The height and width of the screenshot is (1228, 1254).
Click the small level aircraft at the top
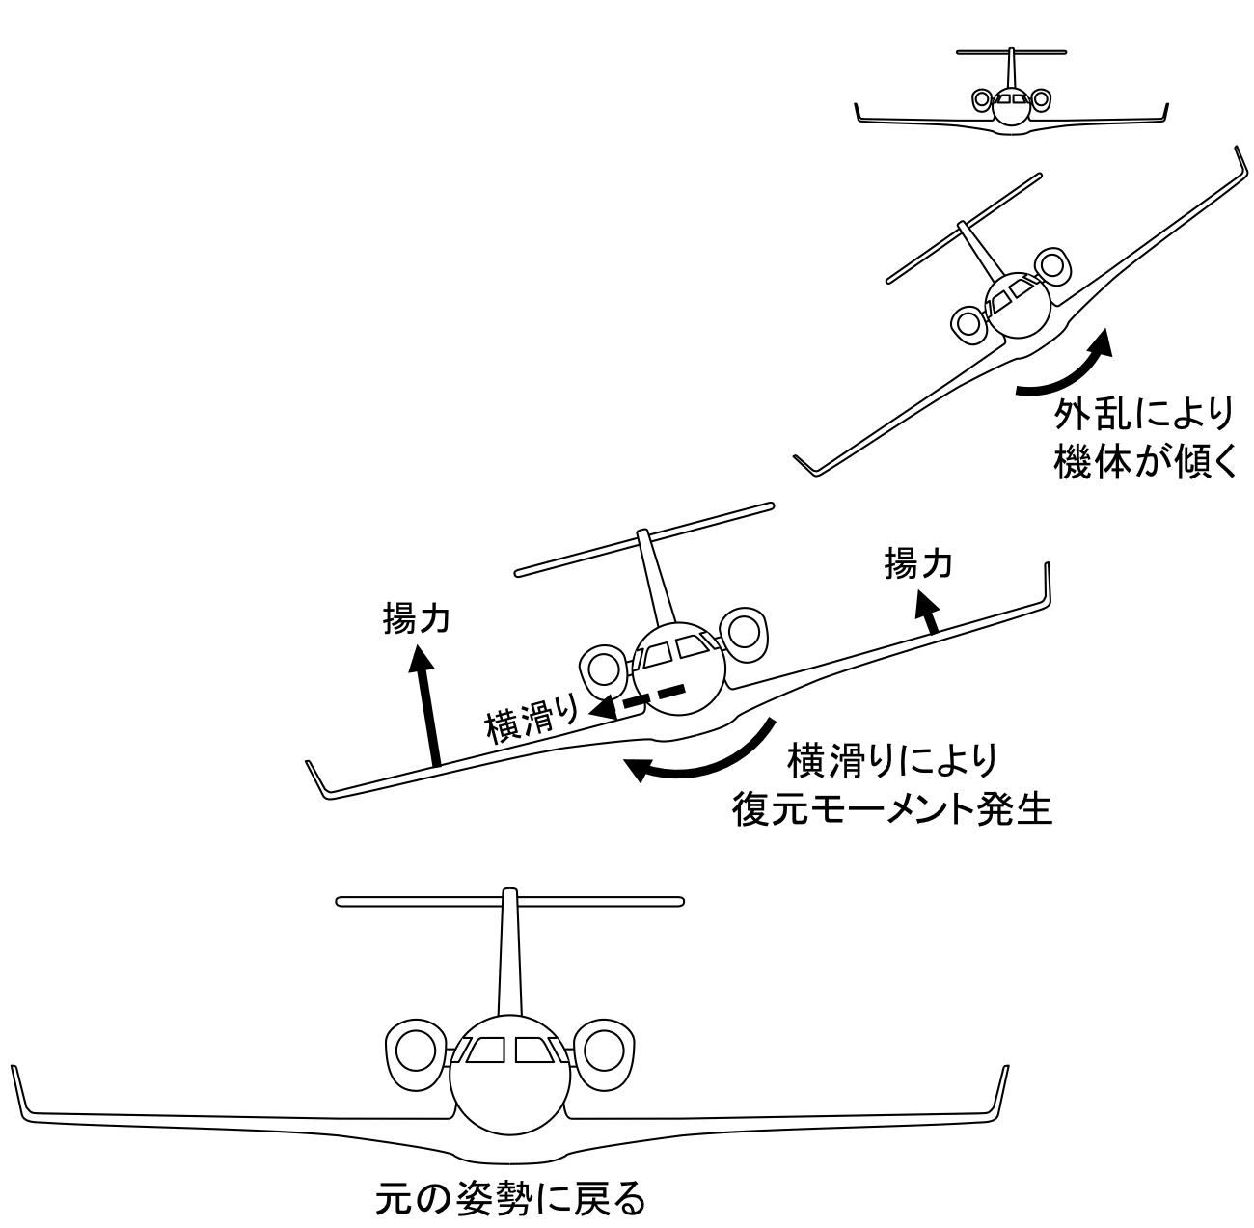tap(1011, 97)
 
